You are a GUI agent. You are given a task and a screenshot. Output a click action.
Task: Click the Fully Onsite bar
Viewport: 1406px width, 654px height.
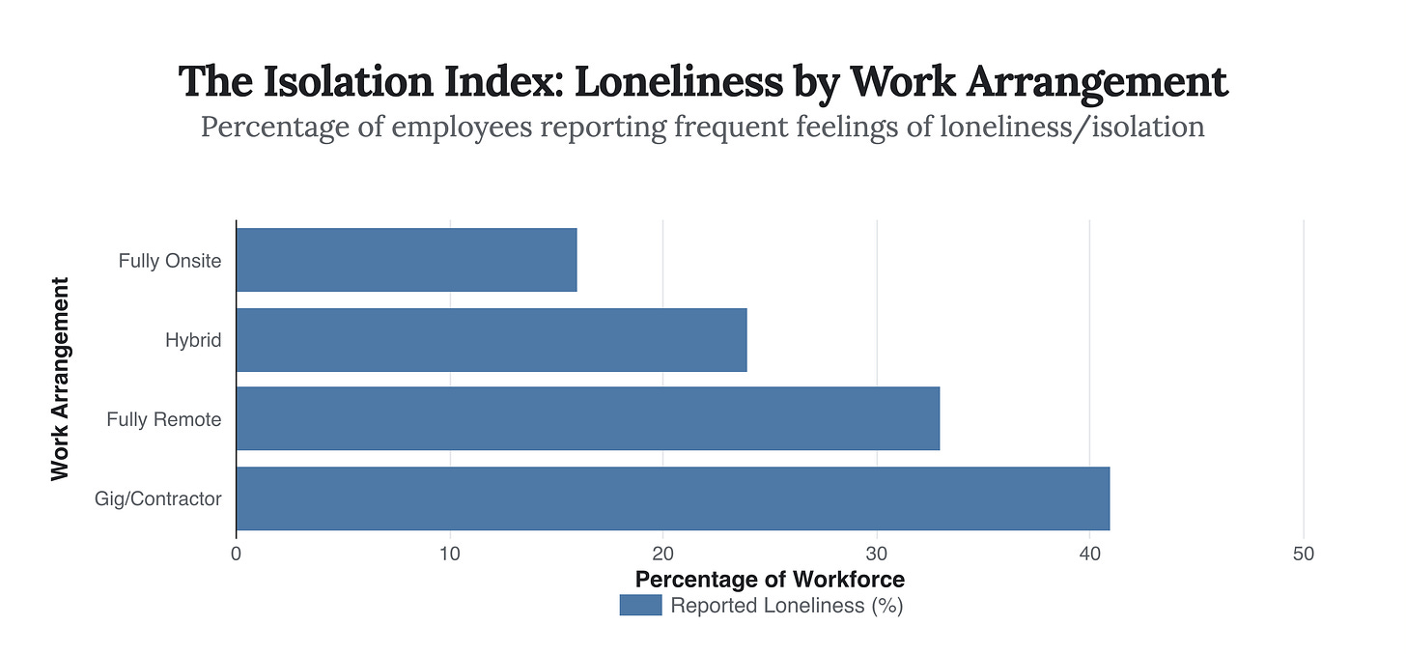click(x=407, y=260)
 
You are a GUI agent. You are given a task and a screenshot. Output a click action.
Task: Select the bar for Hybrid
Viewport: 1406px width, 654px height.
click(x=492, y=340)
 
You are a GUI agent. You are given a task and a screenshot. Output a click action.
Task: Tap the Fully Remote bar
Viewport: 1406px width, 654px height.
click(x=587, y=419)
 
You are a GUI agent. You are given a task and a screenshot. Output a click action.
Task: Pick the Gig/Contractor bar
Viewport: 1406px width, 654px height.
click(x=673, y=498)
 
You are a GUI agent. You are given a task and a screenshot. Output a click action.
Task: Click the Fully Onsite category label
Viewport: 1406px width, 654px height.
click(x=170, y=261)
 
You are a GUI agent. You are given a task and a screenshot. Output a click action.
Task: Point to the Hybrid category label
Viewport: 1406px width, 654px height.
click(x=193, y=340)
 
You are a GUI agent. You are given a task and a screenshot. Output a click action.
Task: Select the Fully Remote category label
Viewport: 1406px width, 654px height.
click(x=164, y=420)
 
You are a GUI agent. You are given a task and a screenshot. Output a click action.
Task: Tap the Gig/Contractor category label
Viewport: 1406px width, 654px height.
click(x=158, y=499)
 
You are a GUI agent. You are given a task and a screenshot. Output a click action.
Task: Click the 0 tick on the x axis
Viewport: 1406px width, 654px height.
click(x=237, y=554)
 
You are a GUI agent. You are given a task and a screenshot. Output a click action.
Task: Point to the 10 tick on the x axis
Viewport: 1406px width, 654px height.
click(x=450, y=554)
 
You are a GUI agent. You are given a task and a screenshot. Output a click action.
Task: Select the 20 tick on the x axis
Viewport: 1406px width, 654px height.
click(x=663, y=554)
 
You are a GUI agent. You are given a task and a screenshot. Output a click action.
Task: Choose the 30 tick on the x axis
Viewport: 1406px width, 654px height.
click(x=877, y=554)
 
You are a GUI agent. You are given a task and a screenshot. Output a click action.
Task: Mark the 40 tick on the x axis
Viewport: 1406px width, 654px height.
click(x=1090, y=554)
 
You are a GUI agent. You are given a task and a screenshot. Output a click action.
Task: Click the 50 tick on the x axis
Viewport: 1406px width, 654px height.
click(x=1304, y=554)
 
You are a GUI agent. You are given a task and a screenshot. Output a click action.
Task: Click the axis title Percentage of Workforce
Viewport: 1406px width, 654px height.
click(x=770, y=580)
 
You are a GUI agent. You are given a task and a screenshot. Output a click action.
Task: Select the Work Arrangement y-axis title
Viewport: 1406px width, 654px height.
click(x=60, y=379)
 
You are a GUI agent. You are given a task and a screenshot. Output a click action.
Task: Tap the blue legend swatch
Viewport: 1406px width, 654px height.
click(x=640, y=606)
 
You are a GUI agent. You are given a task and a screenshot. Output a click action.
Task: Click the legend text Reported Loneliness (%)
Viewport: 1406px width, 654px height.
click(x=786, y=606)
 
